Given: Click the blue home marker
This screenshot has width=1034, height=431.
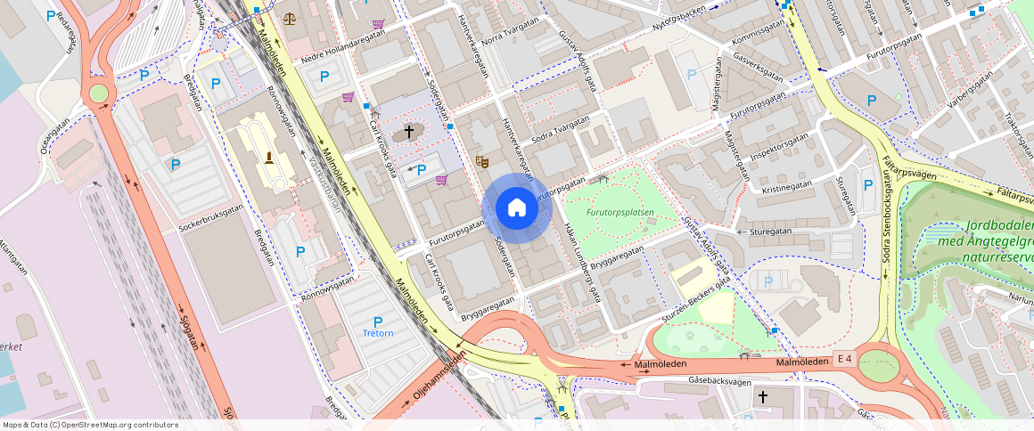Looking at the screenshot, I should click(x=517, y=207).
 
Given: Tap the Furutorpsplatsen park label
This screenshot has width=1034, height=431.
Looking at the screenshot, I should click(x=620, y=213).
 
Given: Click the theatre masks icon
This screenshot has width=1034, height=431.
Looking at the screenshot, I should click(x=482, y=161).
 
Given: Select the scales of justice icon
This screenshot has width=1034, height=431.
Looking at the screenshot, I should click(x=290, y=17).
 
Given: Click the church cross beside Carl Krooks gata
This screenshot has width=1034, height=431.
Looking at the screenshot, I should click(x=409, y=132).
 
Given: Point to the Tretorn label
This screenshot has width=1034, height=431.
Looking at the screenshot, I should click(x=378, y=333).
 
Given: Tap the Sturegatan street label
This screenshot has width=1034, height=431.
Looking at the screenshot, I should click(x=771, y=230).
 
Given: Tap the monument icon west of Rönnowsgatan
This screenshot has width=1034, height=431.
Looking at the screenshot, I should click(x=268, y=158).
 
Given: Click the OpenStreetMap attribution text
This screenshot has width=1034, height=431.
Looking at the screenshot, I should click(x=89, y=425).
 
